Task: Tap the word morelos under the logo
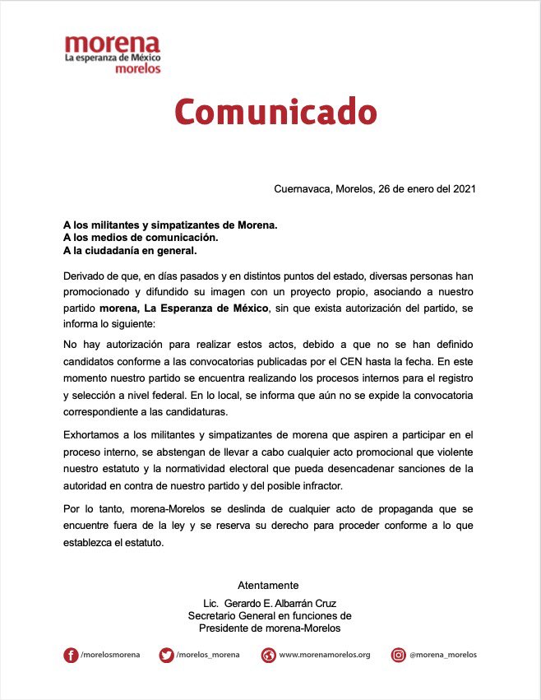pyautogui.click(x=137, y=69)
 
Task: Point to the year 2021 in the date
pyautogui.click(x=464, y=188)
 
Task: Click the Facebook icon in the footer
pyautogui.click(x=71, y=655)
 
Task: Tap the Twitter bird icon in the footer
pyautogui.click(x=167, y=655)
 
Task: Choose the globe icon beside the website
pyautogui.click(x=268, y=655)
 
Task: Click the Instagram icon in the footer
pyautogui.click(x=398, y=655)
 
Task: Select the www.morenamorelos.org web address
pyautogui.click(x=325, y=656)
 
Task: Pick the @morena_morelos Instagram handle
pyautogui.click(x=445, y=656)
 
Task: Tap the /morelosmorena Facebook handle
pyautogui.click(x=110, y=656)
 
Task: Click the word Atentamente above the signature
pyautogui.click(x=268, y=586)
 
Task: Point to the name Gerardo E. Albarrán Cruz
pyautogui.click(x=284, y=603)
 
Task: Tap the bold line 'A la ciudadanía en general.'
pyautogui.click(x=131, y=251)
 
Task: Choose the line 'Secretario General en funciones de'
pyautogui.click(x=270, y=615)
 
